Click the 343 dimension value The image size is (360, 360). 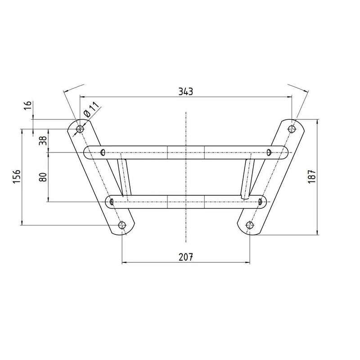click(x=186, y=91)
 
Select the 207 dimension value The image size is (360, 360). click(x=186, y=257)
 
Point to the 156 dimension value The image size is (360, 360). click(x=17, y=176)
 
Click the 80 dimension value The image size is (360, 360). click(x=43, y=177)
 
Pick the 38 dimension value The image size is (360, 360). click(x=43, y=140)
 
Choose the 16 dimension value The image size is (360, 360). click(x=28, y=106)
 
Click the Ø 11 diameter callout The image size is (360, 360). click(x=91, y=109)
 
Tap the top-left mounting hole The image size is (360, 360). click(x=80, y=129)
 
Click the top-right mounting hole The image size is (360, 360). click(x=292, y=129)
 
